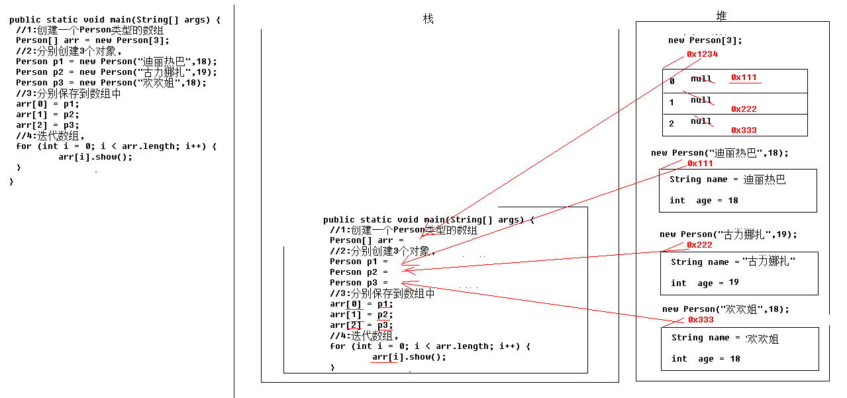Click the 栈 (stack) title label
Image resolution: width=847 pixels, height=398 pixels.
[428, 19]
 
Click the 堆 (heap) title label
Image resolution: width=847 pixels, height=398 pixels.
[721, 16]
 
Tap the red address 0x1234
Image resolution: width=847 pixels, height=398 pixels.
[702, 54]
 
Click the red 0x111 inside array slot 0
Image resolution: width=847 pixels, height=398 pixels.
[744, 77]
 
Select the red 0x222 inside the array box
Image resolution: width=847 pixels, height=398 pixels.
[744, 109]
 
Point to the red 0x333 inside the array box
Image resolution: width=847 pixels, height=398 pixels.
[744, 130]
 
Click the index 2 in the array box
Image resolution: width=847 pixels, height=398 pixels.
[672, 124]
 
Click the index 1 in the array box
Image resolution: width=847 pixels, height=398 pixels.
[672, 103]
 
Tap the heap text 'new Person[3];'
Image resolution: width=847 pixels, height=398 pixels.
[705, 40]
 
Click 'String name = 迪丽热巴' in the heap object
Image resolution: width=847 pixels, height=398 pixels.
[727, 179]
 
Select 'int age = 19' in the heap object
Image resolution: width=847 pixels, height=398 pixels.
[705, 283]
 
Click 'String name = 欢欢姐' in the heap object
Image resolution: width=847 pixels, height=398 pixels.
[724, 338]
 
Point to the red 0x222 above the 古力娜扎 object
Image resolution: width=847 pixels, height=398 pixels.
[699, 245]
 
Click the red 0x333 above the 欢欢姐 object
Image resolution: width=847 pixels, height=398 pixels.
[701, 320]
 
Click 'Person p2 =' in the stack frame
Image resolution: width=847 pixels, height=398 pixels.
[359, 272]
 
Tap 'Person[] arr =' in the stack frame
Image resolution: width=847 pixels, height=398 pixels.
[362, 240]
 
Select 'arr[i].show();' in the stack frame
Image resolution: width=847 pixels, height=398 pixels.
[409, 357]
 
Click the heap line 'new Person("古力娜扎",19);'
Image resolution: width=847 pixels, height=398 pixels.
[728, 234]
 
